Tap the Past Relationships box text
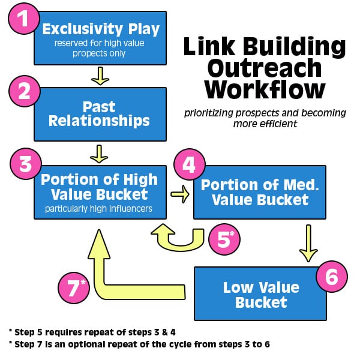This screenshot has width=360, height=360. (100, 114)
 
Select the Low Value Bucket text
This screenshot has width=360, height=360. (260, 294)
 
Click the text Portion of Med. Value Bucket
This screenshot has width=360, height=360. (260, 192)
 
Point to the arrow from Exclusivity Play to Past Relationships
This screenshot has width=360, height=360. (100, 75)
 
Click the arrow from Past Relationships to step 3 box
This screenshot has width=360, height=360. (98, 154)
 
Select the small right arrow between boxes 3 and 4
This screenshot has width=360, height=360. (179, 193)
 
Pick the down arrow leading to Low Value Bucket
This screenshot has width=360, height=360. (308, 242)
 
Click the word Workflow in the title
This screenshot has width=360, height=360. (265, 89)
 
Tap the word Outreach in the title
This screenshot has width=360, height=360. (265, 67)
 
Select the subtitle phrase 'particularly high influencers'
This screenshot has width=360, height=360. (99, 209)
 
